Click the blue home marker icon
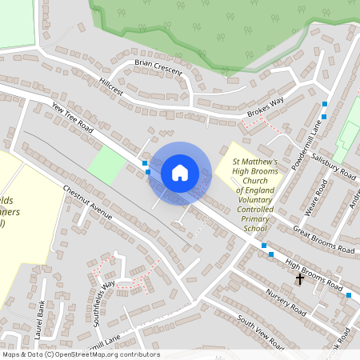coord(180,173)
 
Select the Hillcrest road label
coord(112,86)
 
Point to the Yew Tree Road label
coord(72,118)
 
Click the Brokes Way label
coord(266,106)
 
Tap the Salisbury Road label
coord(334,164)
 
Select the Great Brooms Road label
coord(323,241)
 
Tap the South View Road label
coord(260,333)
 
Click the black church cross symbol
coord(300,279)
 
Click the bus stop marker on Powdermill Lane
coord(324,105)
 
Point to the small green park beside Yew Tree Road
coord(106,166)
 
